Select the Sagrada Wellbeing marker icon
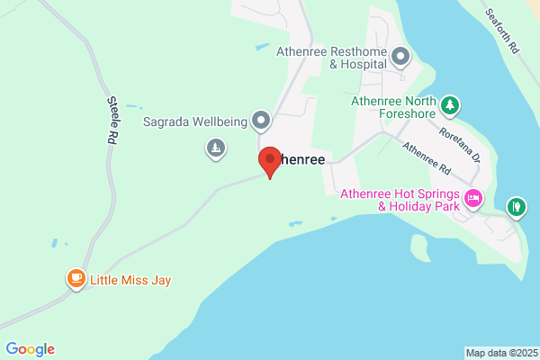[261, 119]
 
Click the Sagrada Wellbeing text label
[195, 121]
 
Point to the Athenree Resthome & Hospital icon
[400, 58]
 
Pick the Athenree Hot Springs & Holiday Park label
[399, 199]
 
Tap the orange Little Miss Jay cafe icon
[76, 279]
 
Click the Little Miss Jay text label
[130, 280]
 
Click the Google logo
[30, 349]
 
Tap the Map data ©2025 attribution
[500, 353]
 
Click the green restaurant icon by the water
[516, 208]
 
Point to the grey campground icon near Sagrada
[215, 148]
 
